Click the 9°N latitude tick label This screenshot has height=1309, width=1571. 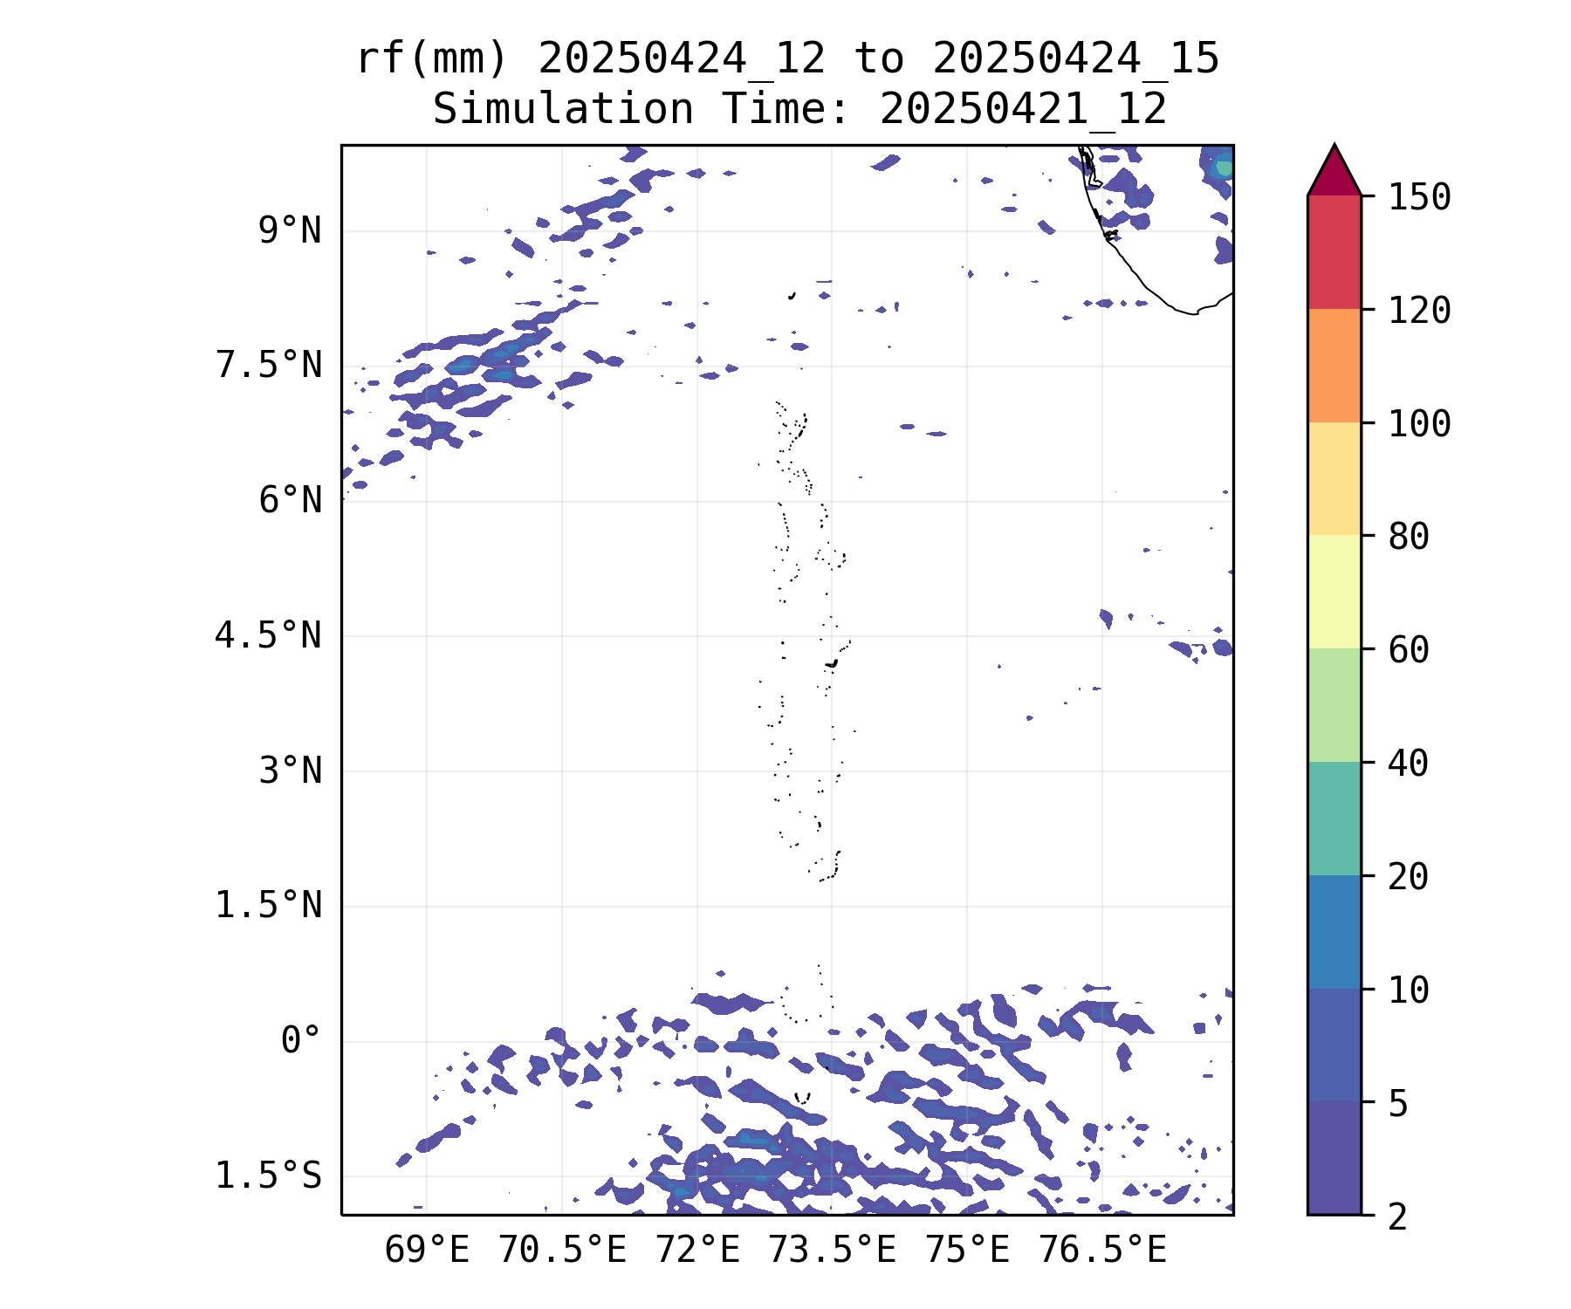[289, 231]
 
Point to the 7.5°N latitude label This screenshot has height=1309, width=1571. [268, 366]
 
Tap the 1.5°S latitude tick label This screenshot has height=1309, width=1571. [268, 1176]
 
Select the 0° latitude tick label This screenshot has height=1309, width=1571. [300, 1041]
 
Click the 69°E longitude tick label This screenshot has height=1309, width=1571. [427, 1251]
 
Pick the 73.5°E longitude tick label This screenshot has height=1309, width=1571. [832, 1251]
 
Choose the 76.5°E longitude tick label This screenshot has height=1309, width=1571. [1101, 1251]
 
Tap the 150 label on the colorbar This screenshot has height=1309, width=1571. [1419, 197]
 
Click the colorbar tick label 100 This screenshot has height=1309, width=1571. [1419, 424]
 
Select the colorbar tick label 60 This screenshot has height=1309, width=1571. [1409, 650]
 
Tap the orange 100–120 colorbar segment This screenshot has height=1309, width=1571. [1334, 366]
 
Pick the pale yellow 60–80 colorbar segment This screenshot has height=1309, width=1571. [1334, 592]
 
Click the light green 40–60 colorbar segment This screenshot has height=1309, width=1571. [1334, 705]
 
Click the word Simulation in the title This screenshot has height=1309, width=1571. [563, 110]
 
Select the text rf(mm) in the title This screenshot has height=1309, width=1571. [432, 59]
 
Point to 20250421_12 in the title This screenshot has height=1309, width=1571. [1023, 110]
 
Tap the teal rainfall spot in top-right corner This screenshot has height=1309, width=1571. [1224, 167]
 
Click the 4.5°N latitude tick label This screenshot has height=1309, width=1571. [268, 636]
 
